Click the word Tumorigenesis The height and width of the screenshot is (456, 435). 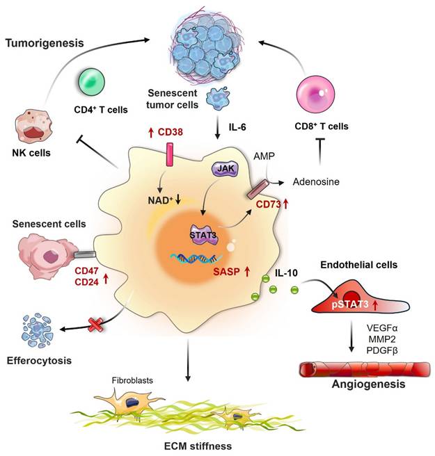pyautogui.click(x=45, y=43)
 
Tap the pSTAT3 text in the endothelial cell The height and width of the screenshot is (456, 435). pyautogui.click(x=346, y=304)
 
